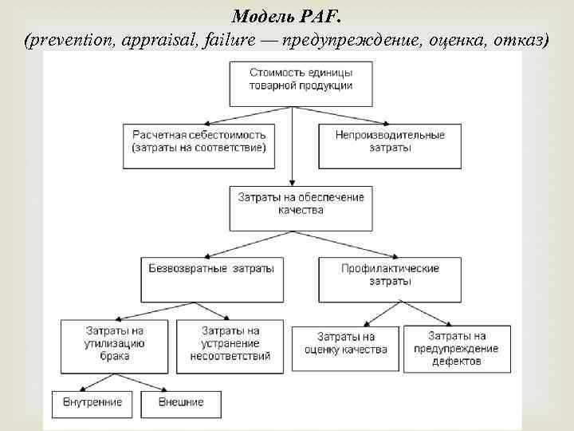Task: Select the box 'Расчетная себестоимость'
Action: point(199,144)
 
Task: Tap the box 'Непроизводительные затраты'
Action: point(390,144)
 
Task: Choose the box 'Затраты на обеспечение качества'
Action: point(301,206)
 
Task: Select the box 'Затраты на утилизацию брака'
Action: point(116,345)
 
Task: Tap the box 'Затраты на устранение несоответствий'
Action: point(230,345)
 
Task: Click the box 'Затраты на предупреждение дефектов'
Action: point(456,349)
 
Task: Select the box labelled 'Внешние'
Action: point(181,403)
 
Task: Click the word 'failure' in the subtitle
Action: point(226,42)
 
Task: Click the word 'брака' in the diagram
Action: point(116,357)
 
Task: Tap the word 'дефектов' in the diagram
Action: point(456,361)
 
